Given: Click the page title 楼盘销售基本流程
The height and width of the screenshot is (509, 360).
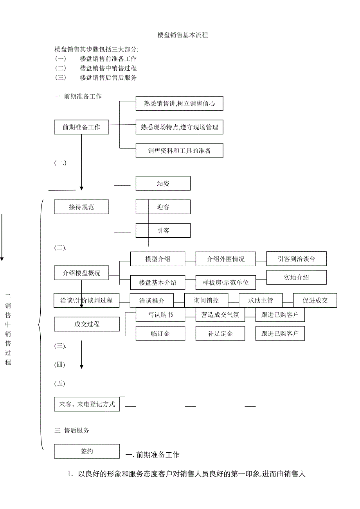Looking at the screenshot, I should click(183, 35).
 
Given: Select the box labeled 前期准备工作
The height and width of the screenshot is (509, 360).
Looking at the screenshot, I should click(81, 127).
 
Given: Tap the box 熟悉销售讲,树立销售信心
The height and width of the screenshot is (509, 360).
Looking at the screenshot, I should click(179, 104).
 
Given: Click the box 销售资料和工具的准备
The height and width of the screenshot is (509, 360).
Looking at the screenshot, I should click(179, 151).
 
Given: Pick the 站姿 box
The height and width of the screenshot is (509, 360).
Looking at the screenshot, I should click(163, 183).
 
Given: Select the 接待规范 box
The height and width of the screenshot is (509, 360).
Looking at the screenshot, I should click(81, 207).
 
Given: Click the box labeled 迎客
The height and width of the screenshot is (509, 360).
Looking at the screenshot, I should click(163, 207).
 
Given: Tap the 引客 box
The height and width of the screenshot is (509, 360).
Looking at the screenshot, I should click(163, 231).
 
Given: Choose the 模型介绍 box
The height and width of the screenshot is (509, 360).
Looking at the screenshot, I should click(157, 259).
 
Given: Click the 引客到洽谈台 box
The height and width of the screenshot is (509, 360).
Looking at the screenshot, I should click(296, 259).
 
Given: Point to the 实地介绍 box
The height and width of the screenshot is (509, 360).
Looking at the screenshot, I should click(296, 278).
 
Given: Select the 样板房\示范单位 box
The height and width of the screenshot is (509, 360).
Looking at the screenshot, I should click(225, 282).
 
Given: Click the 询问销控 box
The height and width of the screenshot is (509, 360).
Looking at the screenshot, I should click(206, 301).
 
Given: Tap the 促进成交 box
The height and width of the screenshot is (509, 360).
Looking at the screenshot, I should click(315, 301).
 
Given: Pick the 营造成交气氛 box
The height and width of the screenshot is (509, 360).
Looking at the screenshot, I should click(220, 315).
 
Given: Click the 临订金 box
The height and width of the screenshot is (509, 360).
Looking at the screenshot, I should click(160, 333).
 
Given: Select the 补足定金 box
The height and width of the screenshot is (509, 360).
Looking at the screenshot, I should click(220, 333).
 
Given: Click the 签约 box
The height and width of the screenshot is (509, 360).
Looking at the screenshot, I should click(87, 451).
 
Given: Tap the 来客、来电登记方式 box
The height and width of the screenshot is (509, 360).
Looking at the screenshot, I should click(87, 404).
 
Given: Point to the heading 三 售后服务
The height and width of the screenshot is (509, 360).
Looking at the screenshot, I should click(72, 430).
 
